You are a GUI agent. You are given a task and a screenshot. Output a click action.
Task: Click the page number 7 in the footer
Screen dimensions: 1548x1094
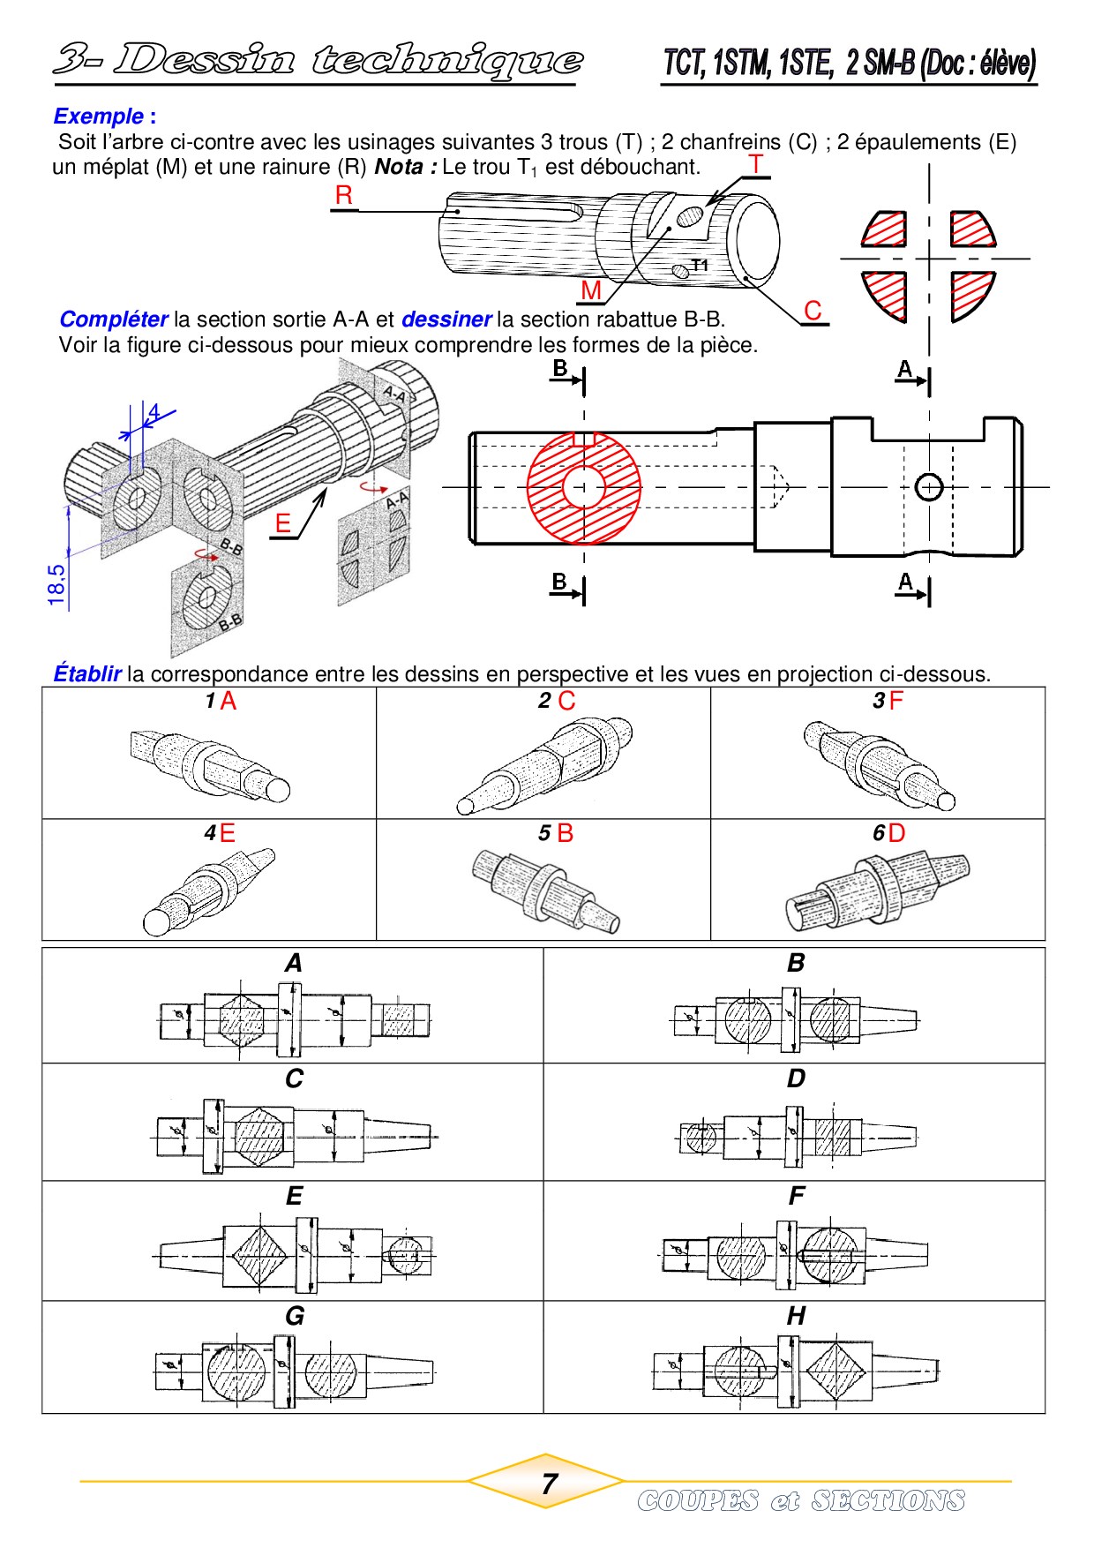pos(549,1484)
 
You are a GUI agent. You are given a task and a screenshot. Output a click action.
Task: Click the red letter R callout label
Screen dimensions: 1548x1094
pos(344,196)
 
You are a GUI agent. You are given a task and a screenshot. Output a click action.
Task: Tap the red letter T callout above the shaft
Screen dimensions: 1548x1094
pos(755,164)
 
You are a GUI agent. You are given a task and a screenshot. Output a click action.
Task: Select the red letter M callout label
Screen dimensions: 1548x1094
pos(590,289)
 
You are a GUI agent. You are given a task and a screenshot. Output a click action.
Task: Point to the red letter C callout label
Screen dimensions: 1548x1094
pos(813,311)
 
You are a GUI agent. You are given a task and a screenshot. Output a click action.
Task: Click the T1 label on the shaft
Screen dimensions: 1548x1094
pos(700,265)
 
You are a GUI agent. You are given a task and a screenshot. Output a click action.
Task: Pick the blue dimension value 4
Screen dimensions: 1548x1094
pos(154,412)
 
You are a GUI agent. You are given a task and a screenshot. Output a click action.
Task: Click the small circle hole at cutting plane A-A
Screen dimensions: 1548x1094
pos(929,487)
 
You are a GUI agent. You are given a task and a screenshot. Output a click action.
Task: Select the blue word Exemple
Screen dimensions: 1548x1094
pos(98,116)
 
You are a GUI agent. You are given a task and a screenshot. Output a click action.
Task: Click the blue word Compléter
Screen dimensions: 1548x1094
pos(113,319)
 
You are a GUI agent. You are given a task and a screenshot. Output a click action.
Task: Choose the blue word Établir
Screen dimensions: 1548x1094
pos(86,674)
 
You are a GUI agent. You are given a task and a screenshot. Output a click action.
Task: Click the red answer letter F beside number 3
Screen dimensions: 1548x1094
pos(896,702)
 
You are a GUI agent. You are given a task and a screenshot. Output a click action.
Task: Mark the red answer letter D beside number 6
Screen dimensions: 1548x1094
pos(896,833)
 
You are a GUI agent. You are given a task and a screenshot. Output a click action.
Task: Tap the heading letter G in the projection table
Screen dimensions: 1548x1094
pos(295,1316)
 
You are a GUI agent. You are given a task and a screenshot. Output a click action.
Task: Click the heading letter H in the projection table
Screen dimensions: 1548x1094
pos(796,1316)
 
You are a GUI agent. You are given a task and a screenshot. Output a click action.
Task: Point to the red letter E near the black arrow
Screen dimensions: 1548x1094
pos(282,523)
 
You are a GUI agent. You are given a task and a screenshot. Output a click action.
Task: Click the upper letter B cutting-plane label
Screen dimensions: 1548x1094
pos(559,369)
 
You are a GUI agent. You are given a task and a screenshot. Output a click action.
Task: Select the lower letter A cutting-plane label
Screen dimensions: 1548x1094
pos(905,582)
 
